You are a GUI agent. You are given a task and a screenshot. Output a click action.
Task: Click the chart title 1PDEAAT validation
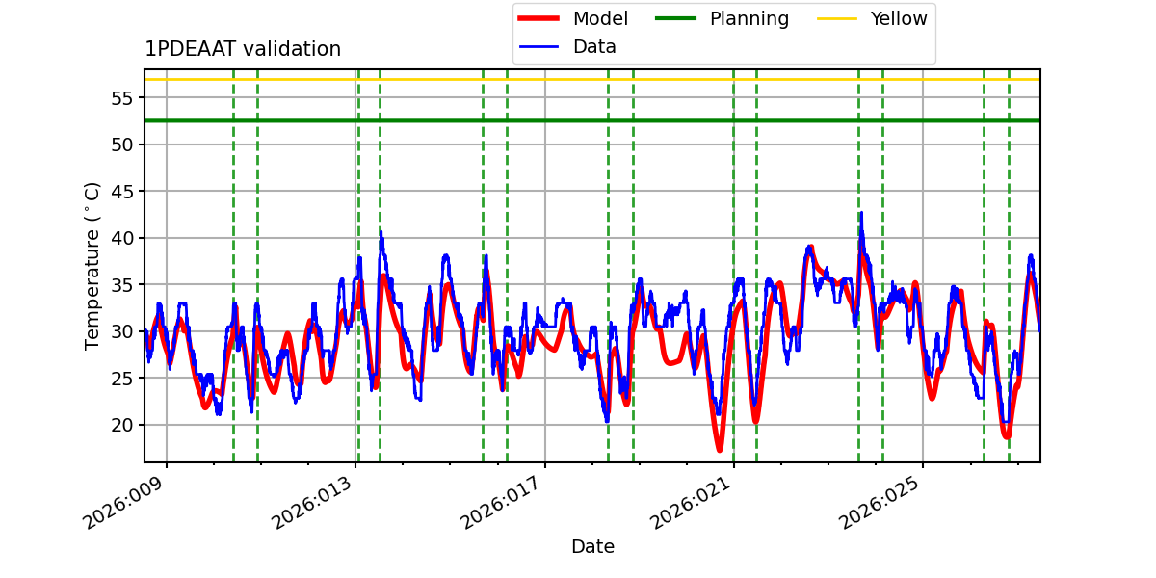[x=243, y=49]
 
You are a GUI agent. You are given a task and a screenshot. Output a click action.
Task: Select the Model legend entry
[x=600, y=18]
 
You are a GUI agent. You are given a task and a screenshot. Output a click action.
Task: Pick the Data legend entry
[x=594, y=46]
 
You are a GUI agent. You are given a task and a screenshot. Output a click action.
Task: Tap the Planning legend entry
[x=749, y=18]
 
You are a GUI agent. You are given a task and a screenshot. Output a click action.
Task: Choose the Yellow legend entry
[x=898, y=18]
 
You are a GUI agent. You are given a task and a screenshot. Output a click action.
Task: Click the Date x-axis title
[x=592, y=547]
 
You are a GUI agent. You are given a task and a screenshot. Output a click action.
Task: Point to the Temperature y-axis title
[x=93, y=265]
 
